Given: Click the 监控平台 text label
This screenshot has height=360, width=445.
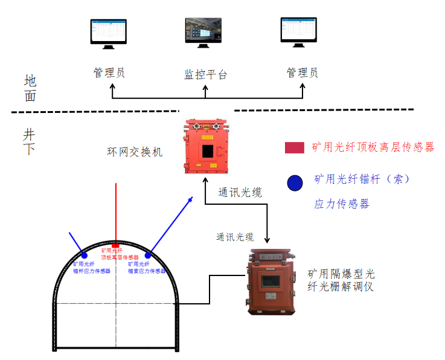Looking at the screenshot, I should tap(205, 75).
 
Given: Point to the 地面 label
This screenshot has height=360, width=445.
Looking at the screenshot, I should tap(30, 88).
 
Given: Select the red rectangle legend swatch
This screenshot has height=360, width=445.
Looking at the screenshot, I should tap(294, 147).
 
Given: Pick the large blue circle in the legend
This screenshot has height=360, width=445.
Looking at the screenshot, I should tap(295, 183).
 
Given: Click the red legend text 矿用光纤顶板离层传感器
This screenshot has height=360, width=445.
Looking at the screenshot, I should tap(373, 147).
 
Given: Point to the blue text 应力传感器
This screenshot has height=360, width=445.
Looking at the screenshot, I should tap(341, 204).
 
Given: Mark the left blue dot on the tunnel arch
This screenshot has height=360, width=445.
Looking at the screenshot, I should tap(84, 256).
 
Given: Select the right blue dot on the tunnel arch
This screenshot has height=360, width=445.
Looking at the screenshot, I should tap(148, 256).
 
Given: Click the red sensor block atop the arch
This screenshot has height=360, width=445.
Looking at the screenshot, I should tap(116, 245).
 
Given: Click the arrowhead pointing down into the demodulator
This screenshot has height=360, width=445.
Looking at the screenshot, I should tap(266, 242).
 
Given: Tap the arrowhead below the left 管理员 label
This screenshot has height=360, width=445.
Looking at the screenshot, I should tap(112, 86).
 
